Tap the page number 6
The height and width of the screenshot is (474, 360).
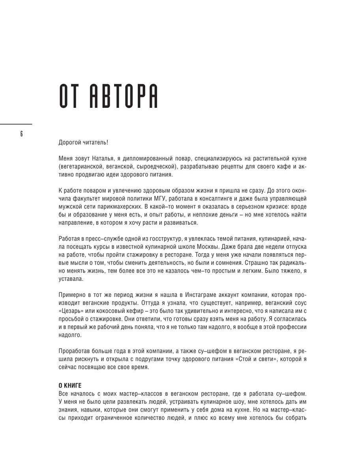(x=21, y=134)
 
